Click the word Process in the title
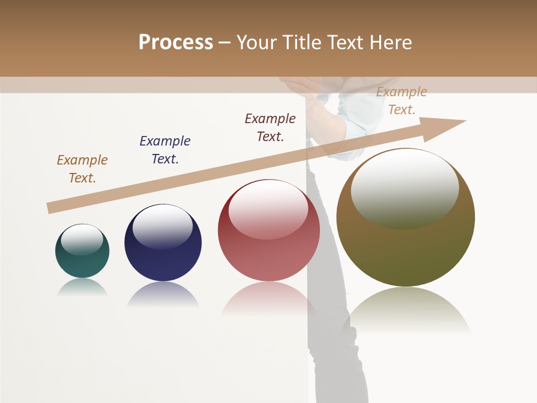point(176,43)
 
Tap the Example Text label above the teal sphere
point(82,169)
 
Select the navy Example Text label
point(165,149)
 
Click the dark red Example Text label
point(270,127)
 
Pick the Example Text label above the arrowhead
point(402,101)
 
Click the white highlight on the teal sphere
point(82,239)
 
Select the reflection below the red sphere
point(268,299)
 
